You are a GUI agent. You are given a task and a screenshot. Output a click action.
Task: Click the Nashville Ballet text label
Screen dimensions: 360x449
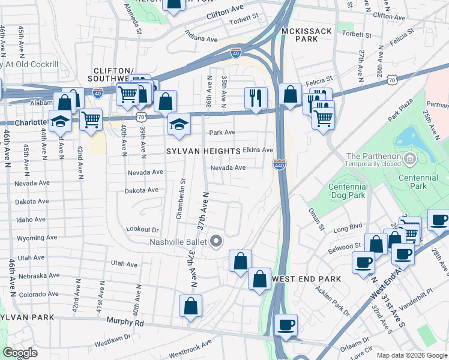coord(178,242)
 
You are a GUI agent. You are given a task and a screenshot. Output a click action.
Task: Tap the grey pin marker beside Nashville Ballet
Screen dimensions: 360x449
coord(217,242)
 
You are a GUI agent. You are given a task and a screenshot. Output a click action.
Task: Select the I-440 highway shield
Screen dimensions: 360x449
coord(279,164)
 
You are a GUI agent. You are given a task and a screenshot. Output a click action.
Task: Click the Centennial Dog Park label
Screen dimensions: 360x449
coord(348,191)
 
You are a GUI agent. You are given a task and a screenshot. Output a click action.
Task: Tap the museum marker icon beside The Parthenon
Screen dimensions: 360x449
coord(410,158)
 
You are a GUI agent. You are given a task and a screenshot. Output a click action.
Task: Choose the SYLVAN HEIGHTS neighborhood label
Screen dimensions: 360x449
coord(204,152)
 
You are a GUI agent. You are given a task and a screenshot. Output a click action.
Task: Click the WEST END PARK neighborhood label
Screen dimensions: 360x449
coord(306,279)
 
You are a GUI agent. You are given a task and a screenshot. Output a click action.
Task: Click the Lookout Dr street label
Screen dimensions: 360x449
coord(142,229)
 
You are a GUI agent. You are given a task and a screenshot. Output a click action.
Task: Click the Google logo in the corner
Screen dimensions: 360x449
coord(20,352)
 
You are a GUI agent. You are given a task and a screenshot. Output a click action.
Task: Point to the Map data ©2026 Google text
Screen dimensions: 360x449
coord(411,355)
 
